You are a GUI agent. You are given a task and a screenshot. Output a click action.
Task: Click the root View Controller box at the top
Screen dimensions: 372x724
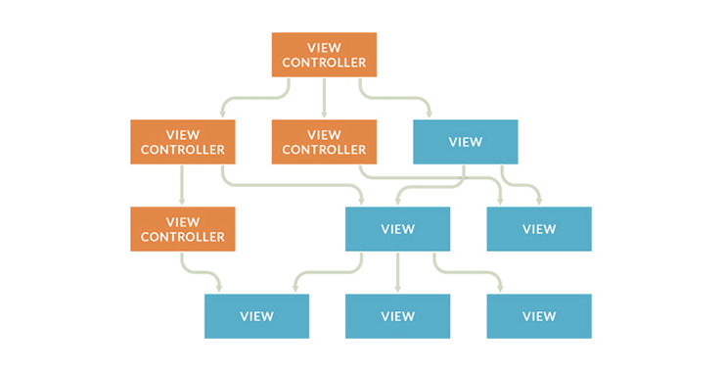point(324,55)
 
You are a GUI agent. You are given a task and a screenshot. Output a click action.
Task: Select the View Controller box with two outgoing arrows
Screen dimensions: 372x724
point(182,142)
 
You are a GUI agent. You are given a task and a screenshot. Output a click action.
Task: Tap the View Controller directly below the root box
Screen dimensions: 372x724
point(324,142)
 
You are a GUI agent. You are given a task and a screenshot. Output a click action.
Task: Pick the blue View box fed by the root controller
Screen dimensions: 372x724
point(466,142)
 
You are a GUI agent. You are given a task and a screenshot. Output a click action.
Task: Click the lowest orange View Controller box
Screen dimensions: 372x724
point(182,229)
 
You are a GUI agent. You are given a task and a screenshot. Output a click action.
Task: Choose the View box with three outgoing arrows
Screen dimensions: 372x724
point(397,229)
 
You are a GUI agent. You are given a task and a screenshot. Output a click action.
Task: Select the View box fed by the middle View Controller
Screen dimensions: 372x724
point(539,229)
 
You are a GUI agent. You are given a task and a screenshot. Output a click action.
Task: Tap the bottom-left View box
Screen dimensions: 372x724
point(256,316)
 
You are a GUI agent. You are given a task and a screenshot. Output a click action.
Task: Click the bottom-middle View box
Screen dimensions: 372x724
point(397,316)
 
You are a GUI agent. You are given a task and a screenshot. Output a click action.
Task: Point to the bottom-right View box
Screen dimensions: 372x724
point(539,316)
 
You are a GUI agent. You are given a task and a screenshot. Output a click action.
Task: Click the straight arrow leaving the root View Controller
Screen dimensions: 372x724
point(324,98)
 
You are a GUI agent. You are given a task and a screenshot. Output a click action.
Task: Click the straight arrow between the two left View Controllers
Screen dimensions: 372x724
point(182,185)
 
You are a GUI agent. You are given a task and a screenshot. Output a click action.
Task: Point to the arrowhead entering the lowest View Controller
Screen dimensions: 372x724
point(182,202)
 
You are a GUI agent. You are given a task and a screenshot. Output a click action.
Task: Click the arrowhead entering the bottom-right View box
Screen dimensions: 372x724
point(501,289)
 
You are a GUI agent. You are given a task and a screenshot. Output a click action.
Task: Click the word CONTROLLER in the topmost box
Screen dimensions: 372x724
point(324,63)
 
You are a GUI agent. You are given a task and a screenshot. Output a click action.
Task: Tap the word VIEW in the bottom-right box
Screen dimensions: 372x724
point(539,316)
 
